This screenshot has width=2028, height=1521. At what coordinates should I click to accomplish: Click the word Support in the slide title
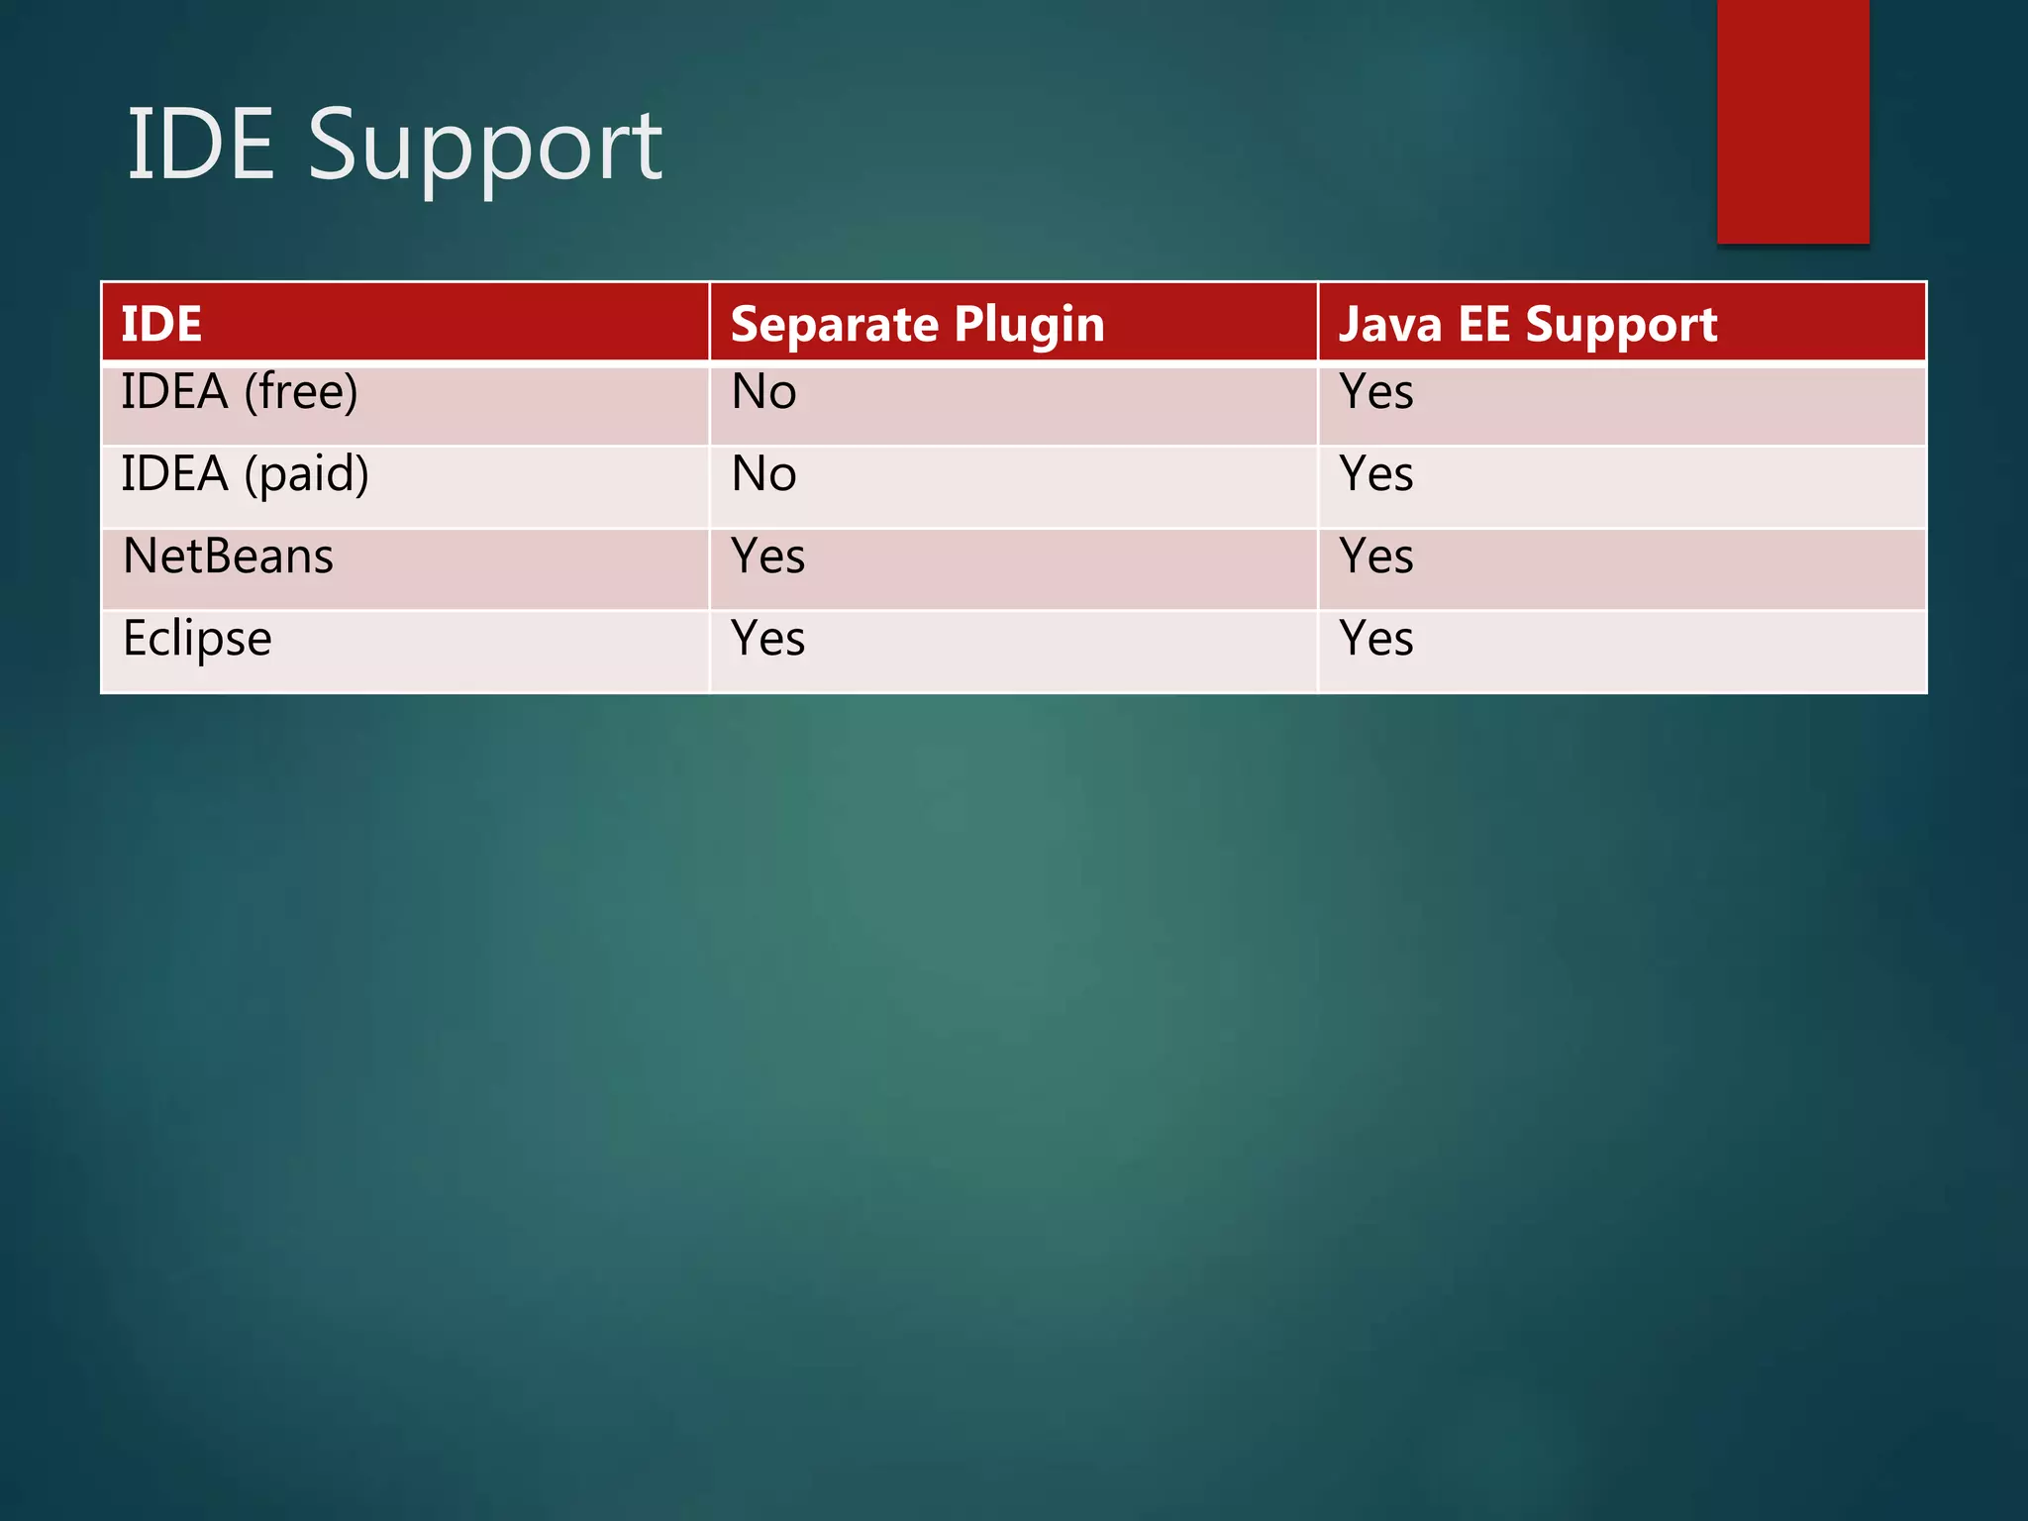pos(484,149)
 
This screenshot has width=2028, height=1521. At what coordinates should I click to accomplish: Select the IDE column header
pos(161,324)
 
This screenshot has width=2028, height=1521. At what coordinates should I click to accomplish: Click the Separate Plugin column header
pos(917,325)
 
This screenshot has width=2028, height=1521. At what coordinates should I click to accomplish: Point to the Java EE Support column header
pos(1528,325)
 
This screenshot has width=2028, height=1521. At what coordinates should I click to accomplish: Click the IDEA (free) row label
pos(240,392)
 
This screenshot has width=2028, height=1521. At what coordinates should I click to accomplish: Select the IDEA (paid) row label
pos(245,474)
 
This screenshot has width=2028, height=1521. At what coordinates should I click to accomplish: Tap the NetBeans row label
pos(228,556)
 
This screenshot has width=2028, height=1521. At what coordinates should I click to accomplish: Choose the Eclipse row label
pos(197,639)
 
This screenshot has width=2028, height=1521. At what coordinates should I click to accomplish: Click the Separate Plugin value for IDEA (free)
pos(763,392)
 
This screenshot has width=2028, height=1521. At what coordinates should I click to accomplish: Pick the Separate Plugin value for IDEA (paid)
pos(763,474)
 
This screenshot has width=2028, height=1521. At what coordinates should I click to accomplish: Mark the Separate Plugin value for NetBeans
pos(767,556)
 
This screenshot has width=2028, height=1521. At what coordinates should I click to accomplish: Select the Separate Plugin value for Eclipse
pos(767,639)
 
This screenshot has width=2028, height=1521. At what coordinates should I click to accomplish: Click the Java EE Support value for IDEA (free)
pos(1376,392)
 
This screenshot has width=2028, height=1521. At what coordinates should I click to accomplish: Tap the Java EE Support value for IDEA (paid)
pos(1376,474)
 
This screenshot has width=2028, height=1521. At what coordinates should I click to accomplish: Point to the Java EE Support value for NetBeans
pos(1376,556)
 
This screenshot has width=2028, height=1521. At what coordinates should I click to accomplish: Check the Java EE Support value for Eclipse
pos(1376,639)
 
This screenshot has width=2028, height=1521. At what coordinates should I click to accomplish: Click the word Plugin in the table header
pos(1029,325)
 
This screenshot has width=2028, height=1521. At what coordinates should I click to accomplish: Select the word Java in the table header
pos(1389,325)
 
